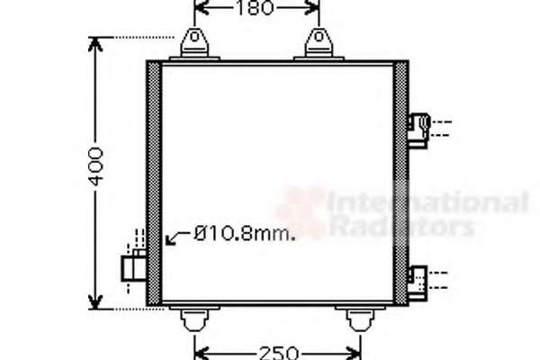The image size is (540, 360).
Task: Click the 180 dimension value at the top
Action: pyautogui.click(x=256, y=8)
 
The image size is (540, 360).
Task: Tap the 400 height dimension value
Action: pyautogui.click(x=96, y=166)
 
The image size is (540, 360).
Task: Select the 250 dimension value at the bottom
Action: pyautogui.click(x=279, y=353)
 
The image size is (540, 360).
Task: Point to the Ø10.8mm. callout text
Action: pyautogui.click(x=244, y=234)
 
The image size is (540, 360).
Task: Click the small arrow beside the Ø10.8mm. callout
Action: pyautogui.click(x=176, y=238)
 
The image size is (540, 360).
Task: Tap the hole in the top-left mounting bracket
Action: pyautogui.click(x=194, y=37)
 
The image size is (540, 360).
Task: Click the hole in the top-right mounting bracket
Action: pyautogui.click(x=319, y=37)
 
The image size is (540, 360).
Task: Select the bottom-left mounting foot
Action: pyautogui.click(x=194, y=318)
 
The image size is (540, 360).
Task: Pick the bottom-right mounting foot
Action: pyautogui.click(x=360, y=318)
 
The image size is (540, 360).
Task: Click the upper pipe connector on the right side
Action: pyautogui.click(x=418, y=130)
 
